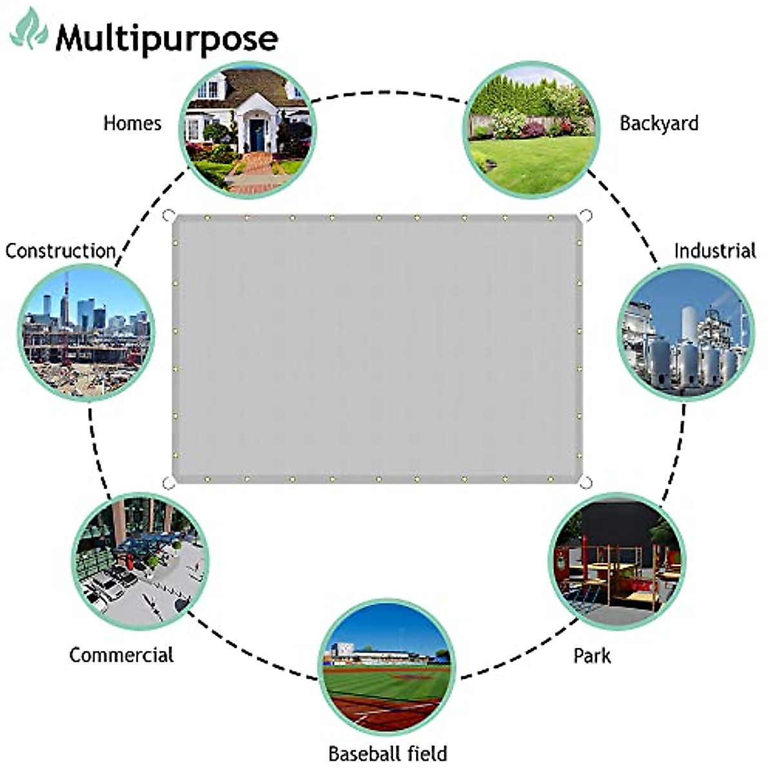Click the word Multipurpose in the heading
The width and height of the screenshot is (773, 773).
(x=166, y=39)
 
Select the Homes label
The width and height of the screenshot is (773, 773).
(x=132, y=122)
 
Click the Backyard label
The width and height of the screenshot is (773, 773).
(x=658, y=122)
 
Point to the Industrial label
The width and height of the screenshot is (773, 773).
(x=714, y=250)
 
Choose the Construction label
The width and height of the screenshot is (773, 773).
(x=61, y=250)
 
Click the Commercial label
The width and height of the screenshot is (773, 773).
(x=121, y=655)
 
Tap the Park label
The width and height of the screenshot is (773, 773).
(x=591, y=656)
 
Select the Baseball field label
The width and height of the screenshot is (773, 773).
(x=387, y=753)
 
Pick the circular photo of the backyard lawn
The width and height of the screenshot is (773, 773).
(x=531, y=129)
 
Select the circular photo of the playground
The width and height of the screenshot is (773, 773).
(x=617, y=561)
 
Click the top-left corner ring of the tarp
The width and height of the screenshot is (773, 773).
(x=168, y=215)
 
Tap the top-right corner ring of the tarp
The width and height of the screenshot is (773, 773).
(x=586, y=215)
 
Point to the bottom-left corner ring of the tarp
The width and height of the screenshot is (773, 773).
(x=167, y=482)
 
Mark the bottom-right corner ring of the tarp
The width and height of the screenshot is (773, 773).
(x=586, y=482)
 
